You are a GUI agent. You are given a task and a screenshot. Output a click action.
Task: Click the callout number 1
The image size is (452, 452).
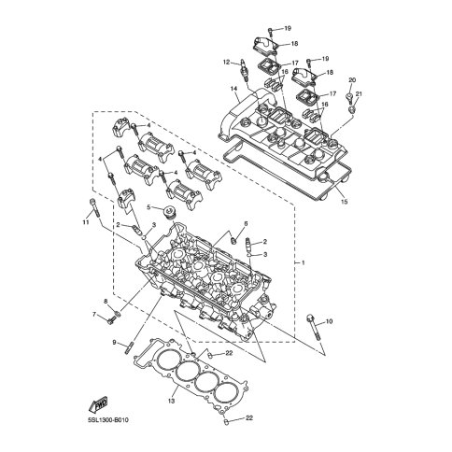click(303, 263)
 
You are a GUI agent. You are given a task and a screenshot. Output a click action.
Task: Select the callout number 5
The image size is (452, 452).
click(148, 206)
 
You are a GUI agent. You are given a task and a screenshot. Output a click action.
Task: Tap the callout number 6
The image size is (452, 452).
click(246, 223)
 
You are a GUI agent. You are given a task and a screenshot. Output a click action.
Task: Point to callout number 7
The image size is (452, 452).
click(94, 315)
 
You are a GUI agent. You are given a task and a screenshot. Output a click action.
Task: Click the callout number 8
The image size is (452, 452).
click(106, 301)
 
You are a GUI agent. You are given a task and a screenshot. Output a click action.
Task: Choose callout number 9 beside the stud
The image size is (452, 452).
click(114, 343)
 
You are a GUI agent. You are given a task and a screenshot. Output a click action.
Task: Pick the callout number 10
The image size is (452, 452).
click(330, 321)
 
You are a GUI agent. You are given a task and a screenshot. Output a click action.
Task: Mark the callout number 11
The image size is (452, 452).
click(86, 222)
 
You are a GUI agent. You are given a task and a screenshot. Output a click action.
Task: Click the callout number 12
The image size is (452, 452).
click(226, 63)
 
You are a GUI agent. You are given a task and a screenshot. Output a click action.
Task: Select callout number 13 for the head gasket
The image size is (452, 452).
click(172, 401)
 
